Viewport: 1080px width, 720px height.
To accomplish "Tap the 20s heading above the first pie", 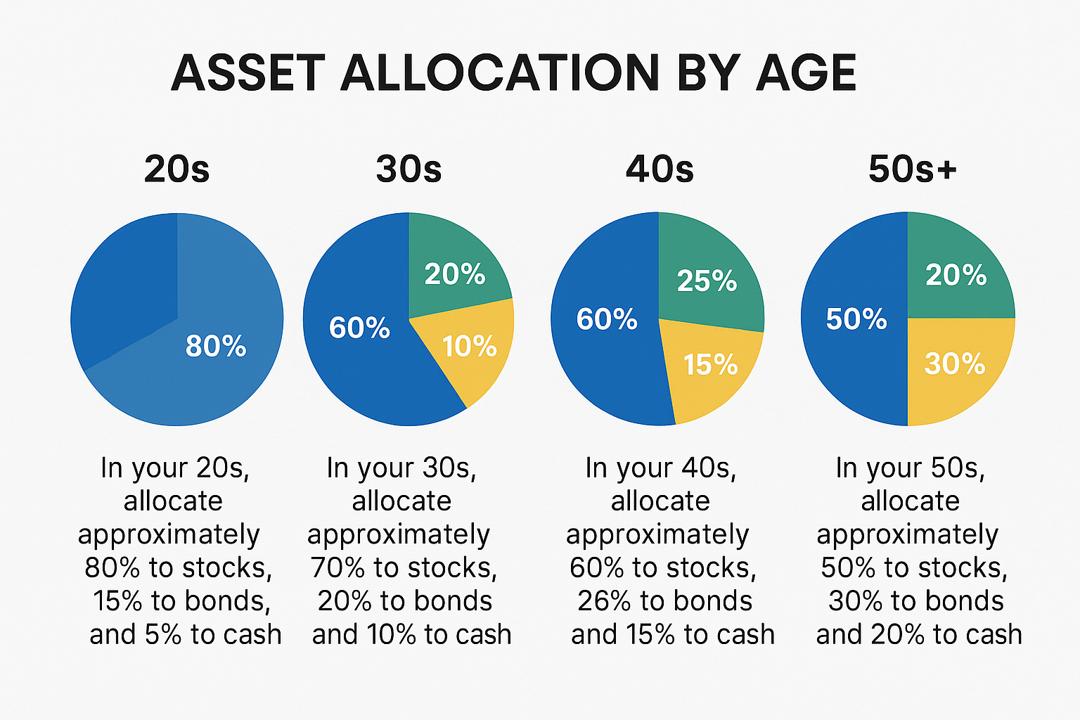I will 176,169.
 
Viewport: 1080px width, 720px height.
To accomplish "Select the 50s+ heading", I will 912,169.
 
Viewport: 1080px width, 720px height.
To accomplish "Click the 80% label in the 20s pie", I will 216,346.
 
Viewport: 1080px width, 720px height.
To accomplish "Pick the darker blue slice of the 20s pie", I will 127,281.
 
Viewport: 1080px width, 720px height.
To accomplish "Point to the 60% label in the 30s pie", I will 359,328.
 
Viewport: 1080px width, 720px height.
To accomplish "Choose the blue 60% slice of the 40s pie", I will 606,319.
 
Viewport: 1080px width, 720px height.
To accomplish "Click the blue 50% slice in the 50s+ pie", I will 856,319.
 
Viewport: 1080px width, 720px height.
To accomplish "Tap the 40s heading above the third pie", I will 660,169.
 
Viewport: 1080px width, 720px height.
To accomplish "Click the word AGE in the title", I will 806,73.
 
